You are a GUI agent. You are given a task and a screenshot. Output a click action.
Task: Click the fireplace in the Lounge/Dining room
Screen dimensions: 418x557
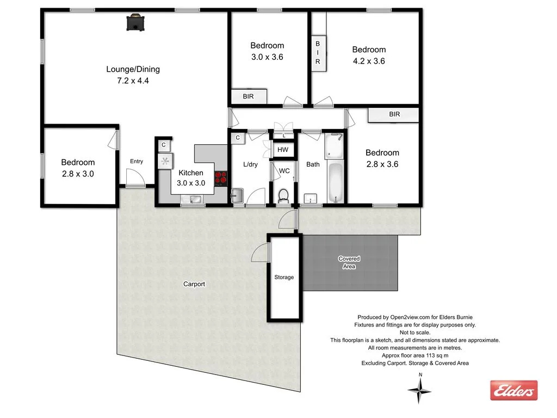(x=135, y=23)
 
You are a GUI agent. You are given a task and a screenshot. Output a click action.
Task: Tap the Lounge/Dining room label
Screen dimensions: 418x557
(x=133, y=69)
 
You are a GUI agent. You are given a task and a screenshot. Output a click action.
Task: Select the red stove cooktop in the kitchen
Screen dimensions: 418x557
(x=221, y=177)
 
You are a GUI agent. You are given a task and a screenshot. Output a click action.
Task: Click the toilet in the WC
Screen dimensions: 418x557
(x=283, y=195)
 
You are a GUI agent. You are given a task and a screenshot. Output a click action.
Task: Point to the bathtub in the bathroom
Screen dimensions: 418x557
(x=335, y=182)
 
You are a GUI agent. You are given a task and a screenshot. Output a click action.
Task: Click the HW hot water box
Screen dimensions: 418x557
(x=283, y=150)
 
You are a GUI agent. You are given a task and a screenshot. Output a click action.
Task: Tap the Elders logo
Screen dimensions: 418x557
(x=513, y=390)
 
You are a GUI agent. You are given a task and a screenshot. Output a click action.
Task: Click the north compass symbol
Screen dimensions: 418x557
(x=419, y=390)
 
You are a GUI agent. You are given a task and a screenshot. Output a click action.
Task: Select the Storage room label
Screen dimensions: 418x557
(x=284, y=277)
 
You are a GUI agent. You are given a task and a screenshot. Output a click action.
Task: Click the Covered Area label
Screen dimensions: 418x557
(x=349, y=262)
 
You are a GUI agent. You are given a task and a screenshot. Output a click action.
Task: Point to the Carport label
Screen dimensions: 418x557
(x=194, y=284)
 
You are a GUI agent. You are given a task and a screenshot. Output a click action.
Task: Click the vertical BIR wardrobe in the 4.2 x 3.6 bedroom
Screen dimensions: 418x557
(x=318, y=53)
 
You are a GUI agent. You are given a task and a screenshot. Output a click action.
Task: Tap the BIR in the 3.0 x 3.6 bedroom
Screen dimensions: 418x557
(x=248, y=97)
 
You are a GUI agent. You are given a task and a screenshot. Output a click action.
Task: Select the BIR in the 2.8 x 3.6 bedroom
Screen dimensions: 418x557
(x=394, y=114)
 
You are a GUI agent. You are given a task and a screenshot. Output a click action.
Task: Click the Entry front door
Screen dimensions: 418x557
(x=134, y=178)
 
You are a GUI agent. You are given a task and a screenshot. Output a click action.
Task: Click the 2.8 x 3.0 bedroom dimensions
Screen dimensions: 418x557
(x=78, y=173)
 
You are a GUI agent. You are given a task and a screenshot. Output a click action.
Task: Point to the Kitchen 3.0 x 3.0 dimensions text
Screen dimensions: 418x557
(x=191, y=183)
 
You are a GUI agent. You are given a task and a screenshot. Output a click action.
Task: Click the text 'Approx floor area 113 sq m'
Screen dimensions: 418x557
(x=415, y=355)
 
